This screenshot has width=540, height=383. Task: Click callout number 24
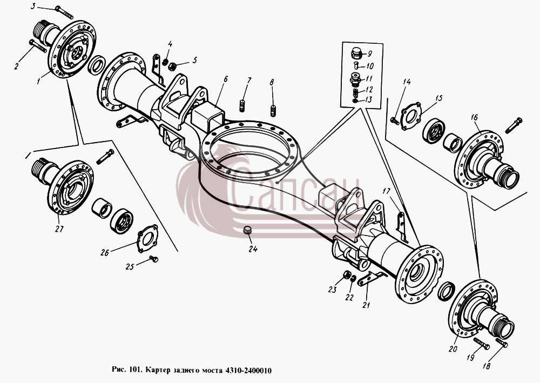point(253,248)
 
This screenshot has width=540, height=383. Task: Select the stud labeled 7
point(242,105)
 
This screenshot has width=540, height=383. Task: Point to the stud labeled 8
point(274,111)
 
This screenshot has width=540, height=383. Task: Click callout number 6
point(225,80)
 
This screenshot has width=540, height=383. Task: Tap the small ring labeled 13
point(355,100)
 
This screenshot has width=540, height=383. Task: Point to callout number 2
point(17,65)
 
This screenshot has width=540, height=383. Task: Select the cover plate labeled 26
point(147,238)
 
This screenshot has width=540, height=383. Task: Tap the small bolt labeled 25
point(153,258)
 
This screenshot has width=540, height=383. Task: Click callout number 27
point(59,229)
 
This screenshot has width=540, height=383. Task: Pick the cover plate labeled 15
point(411,116)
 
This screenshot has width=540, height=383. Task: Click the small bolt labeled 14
point(395,121)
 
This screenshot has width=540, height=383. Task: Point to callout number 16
point(475,117)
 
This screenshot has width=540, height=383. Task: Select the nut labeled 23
point(347,275)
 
